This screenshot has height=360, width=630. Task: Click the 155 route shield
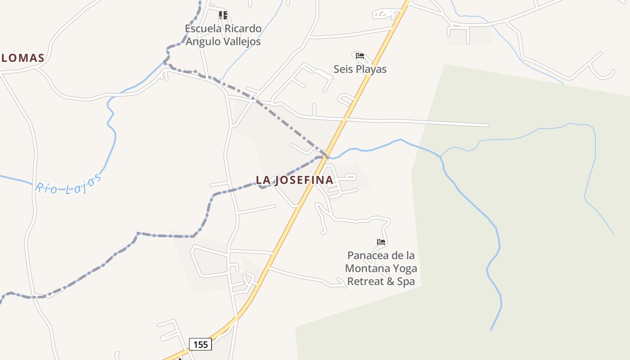(x=200, y=345)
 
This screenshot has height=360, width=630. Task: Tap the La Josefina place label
(x=295, y=180)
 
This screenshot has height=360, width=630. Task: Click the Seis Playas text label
(x=360, y=69)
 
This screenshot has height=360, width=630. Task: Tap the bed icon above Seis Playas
(x=360, y=56)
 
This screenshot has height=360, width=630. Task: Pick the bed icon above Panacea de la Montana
(x=381, y=242)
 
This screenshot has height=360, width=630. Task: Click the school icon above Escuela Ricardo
(x=223, y=15)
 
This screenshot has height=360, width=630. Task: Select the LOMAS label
(x=22, y=58)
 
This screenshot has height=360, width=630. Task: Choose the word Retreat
(x=364, y=282)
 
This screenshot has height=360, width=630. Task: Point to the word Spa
(x=406, y=282)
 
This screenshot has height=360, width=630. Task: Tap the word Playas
(x=371, y=69)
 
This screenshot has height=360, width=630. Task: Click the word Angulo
(x=202, y=42)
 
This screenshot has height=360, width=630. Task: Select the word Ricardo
(x=243, y=29)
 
